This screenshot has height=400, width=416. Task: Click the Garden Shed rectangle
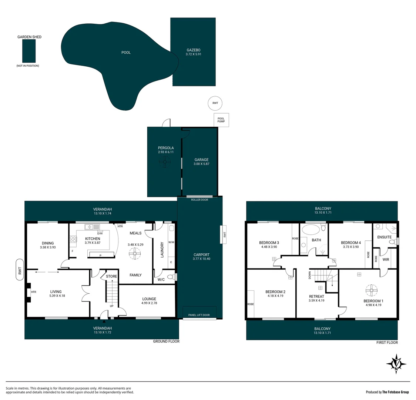[x=29, y=51]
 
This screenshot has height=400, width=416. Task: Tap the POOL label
[x=126, y=53]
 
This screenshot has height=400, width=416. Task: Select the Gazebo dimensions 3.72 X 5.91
[x=193, y=54]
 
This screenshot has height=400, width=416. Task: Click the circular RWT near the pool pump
[x=215, y=103]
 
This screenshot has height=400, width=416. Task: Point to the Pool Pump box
[x=221, y=120]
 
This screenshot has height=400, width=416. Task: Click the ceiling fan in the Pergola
[x=164, y=162]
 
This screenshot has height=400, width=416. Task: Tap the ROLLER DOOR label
[x=199, y=200]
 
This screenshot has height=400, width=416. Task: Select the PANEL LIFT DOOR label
[x=199, y=315]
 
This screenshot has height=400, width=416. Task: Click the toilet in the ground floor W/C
[x=171, y=277]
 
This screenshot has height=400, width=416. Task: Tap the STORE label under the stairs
[x=111, y=276]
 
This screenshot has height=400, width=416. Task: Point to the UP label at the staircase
[x=111, y=306]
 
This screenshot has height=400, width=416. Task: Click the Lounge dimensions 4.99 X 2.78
[x=149, y=303]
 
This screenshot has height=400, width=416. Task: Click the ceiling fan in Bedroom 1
[x=371, y=289]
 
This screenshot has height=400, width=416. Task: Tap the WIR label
[x=386, y=260]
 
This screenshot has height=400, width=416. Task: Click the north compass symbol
[x=396, y=363]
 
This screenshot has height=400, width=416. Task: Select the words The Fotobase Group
[x=396, y=392]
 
